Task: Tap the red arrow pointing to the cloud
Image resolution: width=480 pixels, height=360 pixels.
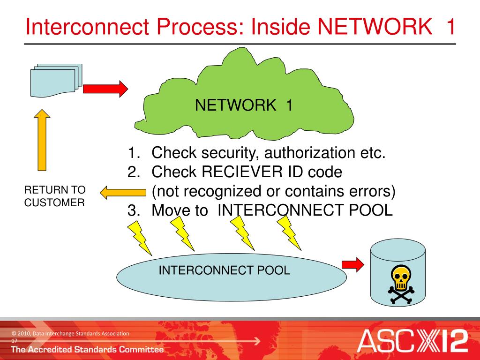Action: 105,89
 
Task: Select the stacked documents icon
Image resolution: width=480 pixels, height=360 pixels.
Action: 56,80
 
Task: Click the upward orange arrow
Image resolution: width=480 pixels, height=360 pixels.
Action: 42,140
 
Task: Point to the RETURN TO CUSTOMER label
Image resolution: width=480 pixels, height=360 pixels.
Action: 54,196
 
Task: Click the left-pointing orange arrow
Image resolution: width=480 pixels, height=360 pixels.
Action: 123,193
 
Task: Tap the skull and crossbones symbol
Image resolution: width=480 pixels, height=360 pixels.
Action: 401,285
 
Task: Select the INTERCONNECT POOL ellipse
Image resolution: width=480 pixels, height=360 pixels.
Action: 232,277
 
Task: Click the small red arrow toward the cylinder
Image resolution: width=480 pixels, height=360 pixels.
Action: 352,264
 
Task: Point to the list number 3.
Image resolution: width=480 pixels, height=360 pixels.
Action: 134,210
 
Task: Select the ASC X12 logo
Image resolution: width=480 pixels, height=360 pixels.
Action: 412,341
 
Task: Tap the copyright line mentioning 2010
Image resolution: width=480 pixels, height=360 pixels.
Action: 70,333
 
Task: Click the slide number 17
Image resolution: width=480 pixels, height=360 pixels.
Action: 15,340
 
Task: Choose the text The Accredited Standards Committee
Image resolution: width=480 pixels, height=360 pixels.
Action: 87,349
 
